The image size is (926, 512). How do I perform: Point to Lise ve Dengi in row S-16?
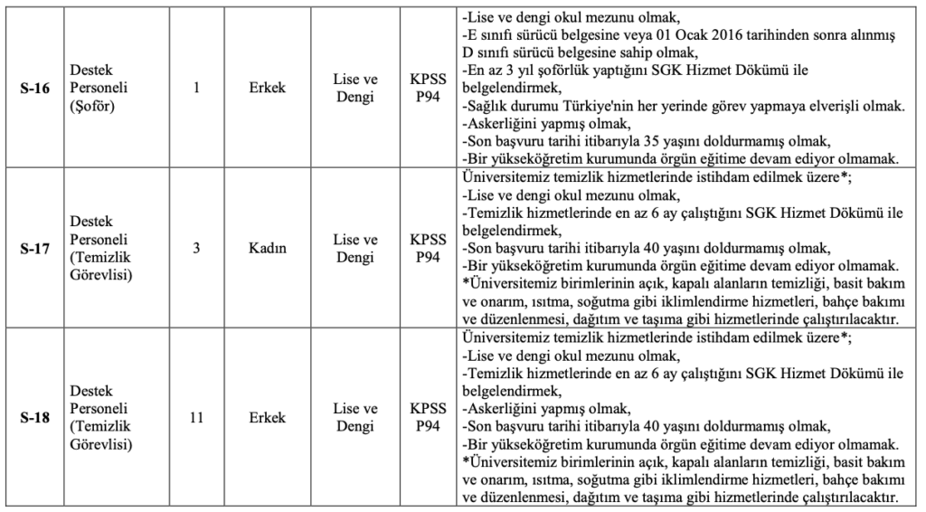[354, 89]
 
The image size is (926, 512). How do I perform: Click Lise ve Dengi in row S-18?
[354, 419]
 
